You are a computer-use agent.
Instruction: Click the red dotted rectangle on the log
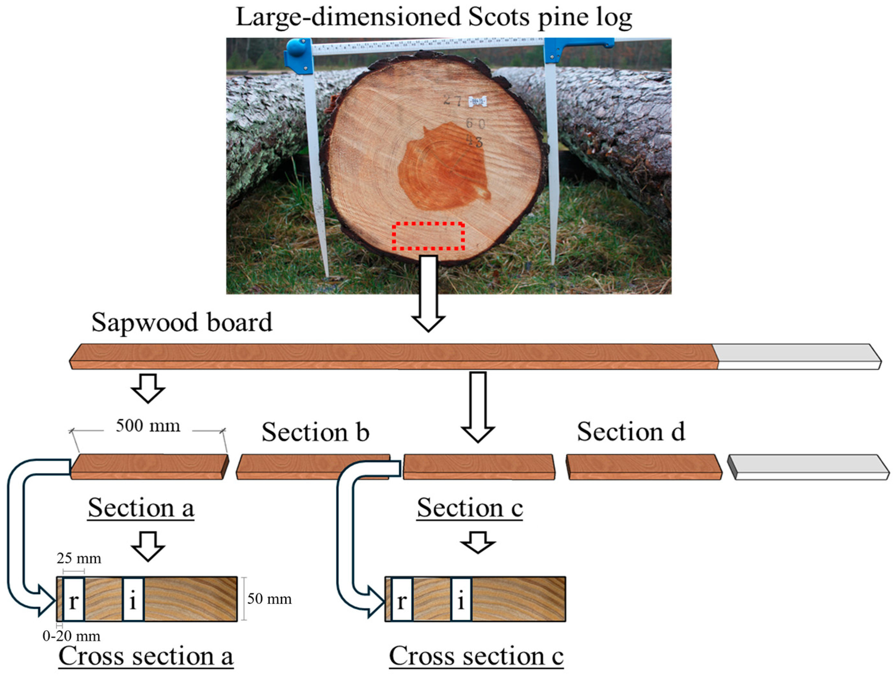[428, 236]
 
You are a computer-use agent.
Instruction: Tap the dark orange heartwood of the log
[441, 170]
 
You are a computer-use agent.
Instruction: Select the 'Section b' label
[315, 432]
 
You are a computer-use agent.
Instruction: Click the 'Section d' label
[631, 431]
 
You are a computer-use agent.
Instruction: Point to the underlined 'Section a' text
[141, 507]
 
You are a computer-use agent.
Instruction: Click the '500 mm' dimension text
[148, 426]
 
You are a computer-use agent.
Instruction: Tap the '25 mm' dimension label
[79, 558]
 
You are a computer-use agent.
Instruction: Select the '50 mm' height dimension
[269, 598]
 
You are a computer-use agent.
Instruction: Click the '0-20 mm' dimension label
[71, 636]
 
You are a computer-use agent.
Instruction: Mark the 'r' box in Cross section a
[74, 599]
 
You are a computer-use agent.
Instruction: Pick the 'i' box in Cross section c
[461, 599]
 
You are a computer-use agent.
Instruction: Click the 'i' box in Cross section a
[133, 599]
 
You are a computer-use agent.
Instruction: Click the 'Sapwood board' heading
[182, 322]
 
